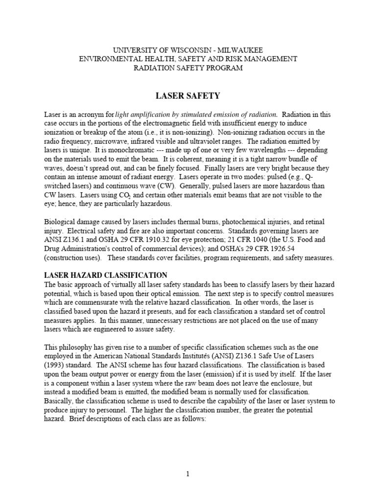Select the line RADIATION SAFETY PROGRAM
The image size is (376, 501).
tap(188, 68)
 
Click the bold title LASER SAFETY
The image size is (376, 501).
tap(188, 96)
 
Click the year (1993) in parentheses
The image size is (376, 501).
tap(57, 365)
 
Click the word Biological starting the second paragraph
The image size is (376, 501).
tap(62, 222)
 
